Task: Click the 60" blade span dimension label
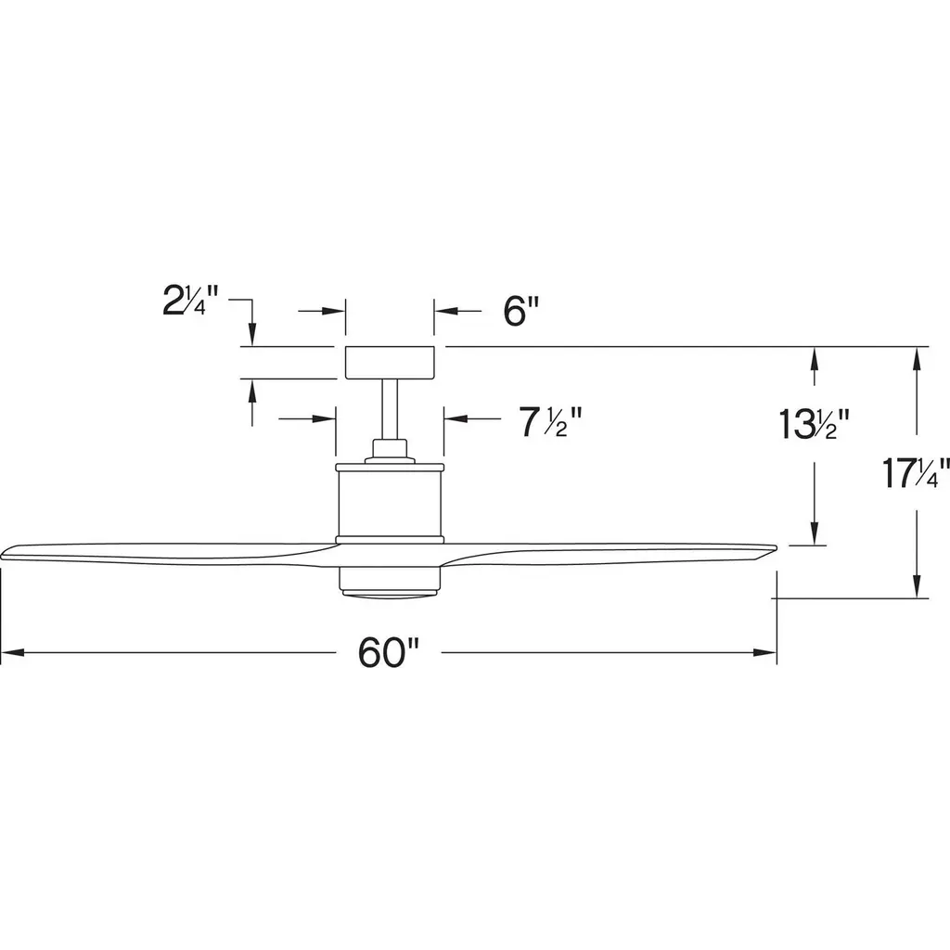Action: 389,652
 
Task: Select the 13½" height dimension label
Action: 815,423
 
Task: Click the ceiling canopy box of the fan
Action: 390,363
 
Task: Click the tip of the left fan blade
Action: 2,555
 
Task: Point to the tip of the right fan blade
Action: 776,548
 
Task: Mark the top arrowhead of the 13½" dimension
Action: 815,359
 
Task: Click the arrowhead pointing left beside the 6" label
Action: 445,312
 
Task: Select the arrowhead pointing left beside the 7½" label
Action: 455,418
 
